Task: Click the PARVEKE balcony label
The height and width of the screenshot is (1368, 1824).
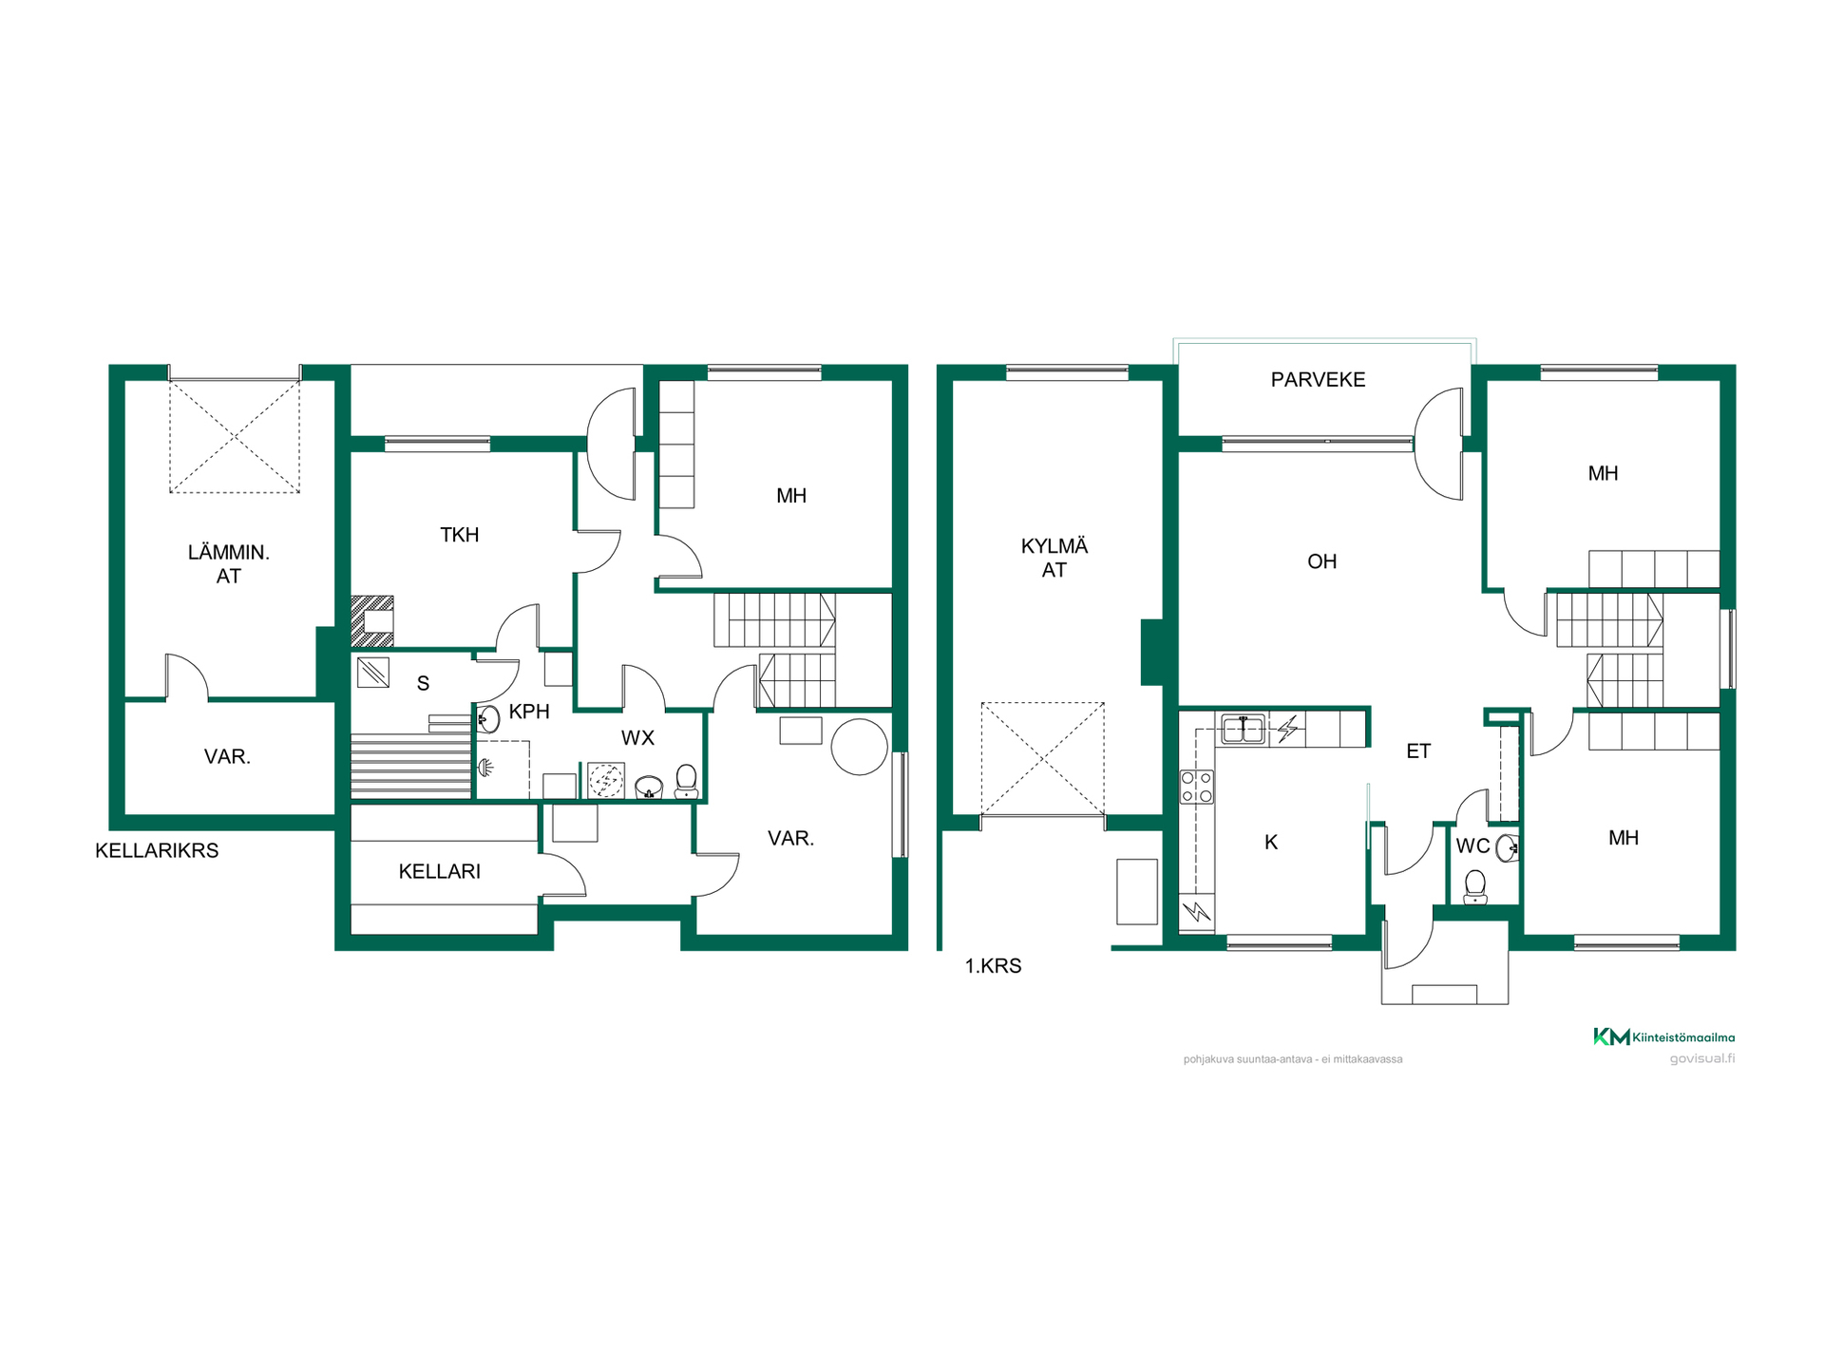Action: tap(1318, 380)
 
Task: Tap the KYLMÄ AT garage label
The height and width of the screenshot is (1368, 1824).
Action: tap(1054, 558)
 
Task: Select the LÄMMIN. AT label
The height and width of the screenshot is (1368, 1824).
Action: tap(228, 563)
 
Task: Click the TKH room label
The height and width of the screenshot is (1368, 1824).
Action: tap(459, 535)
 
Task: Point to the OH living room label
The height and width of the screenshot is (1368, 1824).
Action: tap(1321, 561)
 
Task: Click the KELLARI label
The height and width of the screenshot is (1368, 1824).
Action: tap(439, 871)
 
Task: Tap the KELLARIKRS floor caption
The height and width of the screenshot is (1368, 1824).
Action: tap(157, 850)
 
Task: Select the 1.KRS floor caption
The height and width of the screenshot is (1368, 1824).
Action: tap(993, 966)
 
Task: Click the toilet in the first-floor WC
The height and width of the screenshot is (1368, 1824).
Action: tap(1474, 887)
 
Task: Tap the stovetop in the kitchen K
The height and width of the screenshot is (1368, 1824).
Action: tap(1196, 787)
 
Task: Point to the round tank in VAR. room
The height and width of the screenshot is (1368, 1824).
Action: tap(859, 747)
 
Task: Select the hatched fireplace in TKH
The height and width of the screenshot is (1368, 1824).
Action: tap(372, 621)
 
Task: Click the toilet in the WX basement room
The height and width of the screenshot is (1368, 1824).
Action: tap(686, 781)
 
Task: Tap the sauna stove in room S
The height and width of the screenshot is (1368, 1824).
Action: tap(373, 673)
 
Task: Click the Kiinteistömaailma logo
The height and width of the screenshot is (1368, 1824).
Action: tap(1663, 1036)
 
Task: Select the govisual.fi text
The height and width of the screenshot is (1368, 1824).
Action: tap(1701, 1058)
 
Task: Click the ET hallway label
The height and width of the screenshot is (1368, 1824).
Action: tap(1417, 751)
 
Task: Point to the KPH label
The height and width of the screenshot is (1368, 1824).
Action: tap(529, 712)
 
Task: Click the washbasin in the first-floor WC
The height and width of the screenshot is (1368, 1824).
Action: tap(1507, 847)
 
